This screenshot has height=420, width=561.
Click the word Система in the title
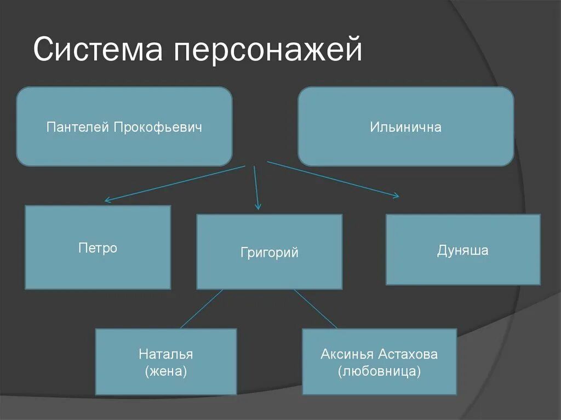[x=99, y=50]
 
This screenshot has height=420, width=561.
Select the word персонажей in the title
[x=268, y=51]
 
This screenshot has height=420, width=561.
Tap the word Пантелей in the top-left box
[x=78, y=128]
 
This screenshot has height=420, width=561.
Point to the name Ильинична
[x=405, y=128]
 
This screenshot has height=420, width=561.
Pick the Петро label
[x=98, y=248]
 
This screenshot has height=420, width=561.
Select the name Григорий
[x=269, y=252]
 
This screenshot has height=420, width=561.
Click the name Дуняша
[x=462, y=251]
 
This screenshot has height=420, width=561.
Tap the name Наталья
[x=165, y=354]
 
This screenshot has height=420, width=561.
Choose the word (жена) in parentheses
[x=166, y=372]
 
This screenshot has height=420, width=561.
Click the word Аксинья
[x=347, y=354]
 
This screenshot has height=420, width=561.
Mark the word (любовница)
[x=380, y=372]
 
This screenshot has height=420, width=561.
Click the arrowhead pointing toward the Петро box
[x=107, y=200]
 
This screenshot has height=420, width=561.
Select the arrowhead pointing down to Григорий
[x=258, y=207]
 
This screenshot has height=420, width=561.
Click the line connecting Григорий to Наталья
[x=202, y=309]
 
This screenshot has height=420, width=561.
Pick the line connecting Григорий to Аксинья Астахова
[x=315, y=309]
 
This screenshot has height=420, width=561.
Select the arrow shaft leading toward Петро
[x=175, y=183]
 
